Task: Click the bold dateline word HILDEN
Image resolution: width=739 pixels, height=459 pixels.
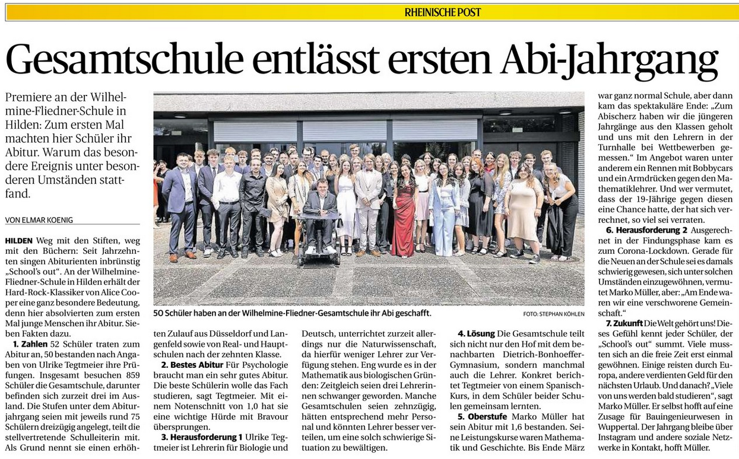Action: click(18, 241)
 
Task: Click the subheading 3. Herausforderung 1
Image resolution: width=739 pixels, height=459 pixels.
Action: click(201, 437)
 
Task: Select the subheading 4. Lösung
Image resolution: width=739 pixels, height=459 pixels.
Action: click(476, 334)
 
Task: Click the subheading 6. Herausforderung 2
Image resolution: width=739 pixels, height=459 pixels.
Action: click(646, 230)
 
